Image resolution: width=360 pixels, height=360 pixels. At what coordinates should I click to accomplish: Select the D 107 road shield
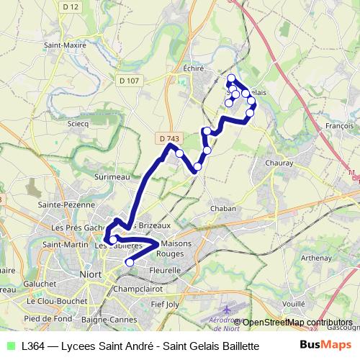click(127, 80)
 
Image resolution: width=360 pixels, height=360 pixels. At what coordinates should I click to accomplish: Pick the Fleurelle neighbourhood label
click(166, 270)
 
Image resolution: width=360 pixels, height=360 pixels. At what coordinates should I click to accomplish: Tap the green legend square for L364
click(9, 346)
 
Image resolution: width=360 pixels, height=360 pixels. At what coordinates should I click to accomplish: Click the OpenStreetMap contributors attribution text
click(297, 322)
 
